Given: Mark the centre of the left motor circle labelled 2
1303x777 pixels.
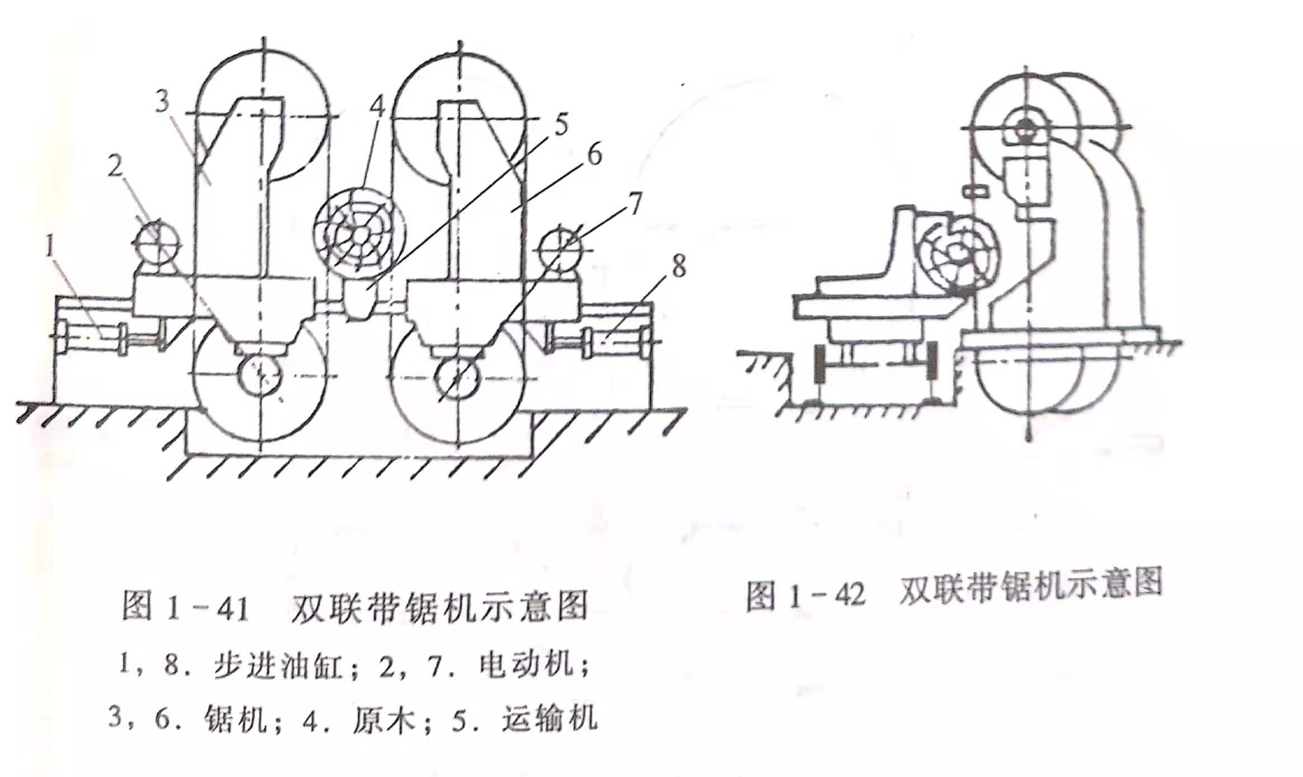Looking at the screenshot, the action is [157, 242].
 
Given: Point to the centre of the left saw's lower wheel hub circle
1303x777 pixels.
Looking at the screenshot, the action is [261, 376].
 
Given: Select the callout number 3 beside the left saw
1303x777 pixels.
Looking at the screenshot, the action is [162, 101].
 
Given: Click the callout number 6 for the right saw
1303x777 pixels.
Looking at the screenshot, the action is [594, 155].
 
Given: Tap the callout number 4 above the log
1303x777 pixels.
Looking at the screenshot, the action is [378, 106].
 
